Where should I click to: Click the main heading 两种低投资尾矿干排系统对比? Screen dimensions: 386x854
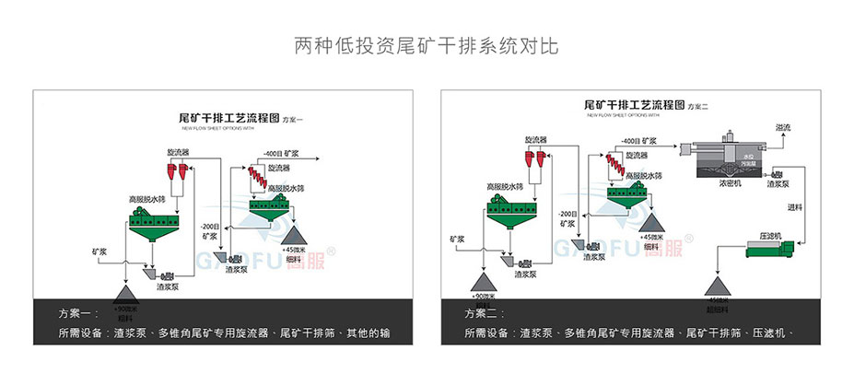[x=426, y=45]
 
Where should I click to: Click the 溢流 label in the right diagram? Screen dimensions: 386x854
[x=784, y=127]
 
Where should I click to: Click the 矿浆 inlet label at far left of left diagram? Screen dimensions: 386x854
[x=99, y=250]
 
